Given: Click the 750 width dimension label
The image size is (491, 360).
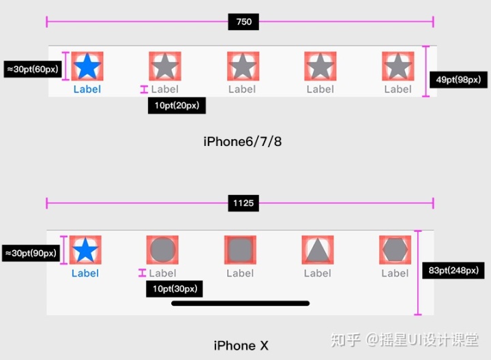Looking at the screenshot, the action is pyautogui.click(x=243, y=22).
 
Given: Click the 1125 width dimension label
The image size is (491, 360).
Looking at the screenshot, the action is pyautogui.click(x=243, y=202).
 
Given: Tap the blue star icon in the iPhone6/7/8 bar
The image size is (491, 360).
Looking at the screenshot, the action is pyautogui.click(x=87, y=67).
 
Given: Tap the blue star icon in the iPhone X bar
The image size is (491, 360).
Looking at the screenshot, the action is pyautogui.click(x=85, y=250).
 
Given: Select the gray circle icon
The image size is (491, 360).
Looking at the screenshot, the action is pyautogui.click(x=162, y=250).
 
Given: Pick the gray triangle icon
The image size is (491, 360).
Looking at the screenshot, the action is pyautogui.click(x=317, y=250).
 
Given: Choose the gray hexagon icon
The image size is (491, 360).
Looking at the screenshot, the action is pyautogui.click(x=395, y=250).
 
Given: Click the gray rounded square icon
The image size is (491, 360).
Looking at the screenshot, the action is pyautogui.click(x=240, y=250).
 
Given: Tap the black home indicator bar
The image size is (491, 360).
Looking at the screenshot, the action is pyautogui.click(x=240, y=303).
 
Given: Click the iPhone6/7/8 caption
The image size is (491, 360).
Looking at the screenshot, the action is pyautogui.click(x=242, y=142).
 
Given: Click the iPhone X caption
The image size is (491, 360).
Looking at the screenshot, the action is pyautogui.click(x=241, y=346).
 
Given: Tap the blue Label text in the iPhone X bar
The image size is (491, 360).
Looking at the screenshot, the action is pyautogui.click(x=85, y=273).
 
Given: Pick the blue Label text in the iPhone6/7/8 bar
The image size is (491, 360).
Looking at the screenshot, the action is pyautogui.click(x=87, y=89).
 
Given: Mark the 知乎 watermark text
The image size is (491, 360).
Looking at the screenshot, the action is pyautogui.click(x=346, y=339).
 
